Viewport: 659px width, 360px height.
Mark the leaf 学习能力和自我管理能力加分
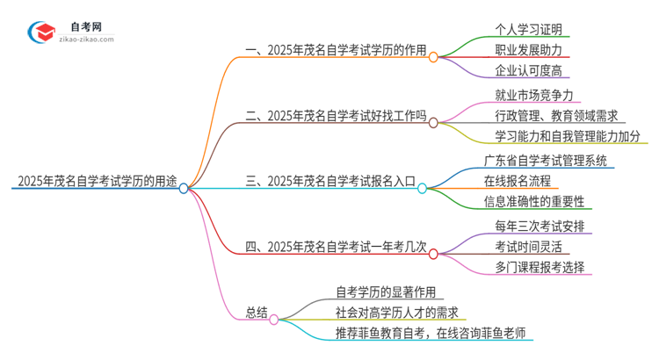click(x=568, y=137)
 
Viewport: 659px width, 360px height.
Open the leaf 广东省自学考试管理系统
click(x=544, y=161)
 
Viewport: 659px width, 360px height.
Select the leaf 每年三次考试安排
click(x=537, y=226)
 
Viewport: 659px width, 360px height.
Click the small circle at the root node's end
click(x=184, y=188)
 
